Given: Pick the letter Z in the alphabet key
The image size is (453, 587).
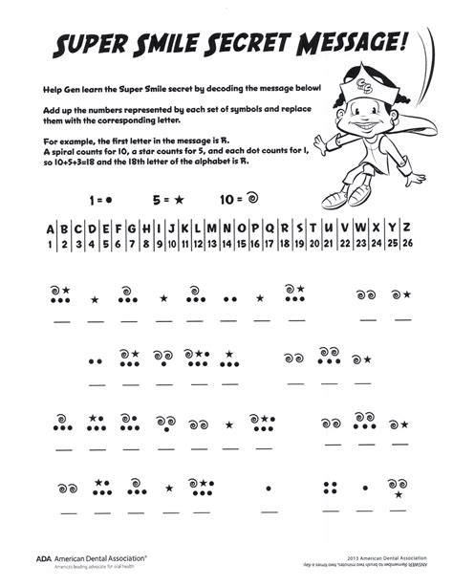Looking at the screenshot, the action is [x=405, y=228].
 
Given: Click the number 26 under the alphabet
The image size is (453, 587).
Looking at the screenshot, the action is [x=405, y=244].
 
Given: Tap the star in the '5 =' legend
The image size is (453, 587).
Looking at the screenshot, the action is [x=177, y=202].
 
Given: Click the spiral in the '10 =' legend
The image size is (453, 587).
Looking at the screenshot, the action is [x=253, y=202].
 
